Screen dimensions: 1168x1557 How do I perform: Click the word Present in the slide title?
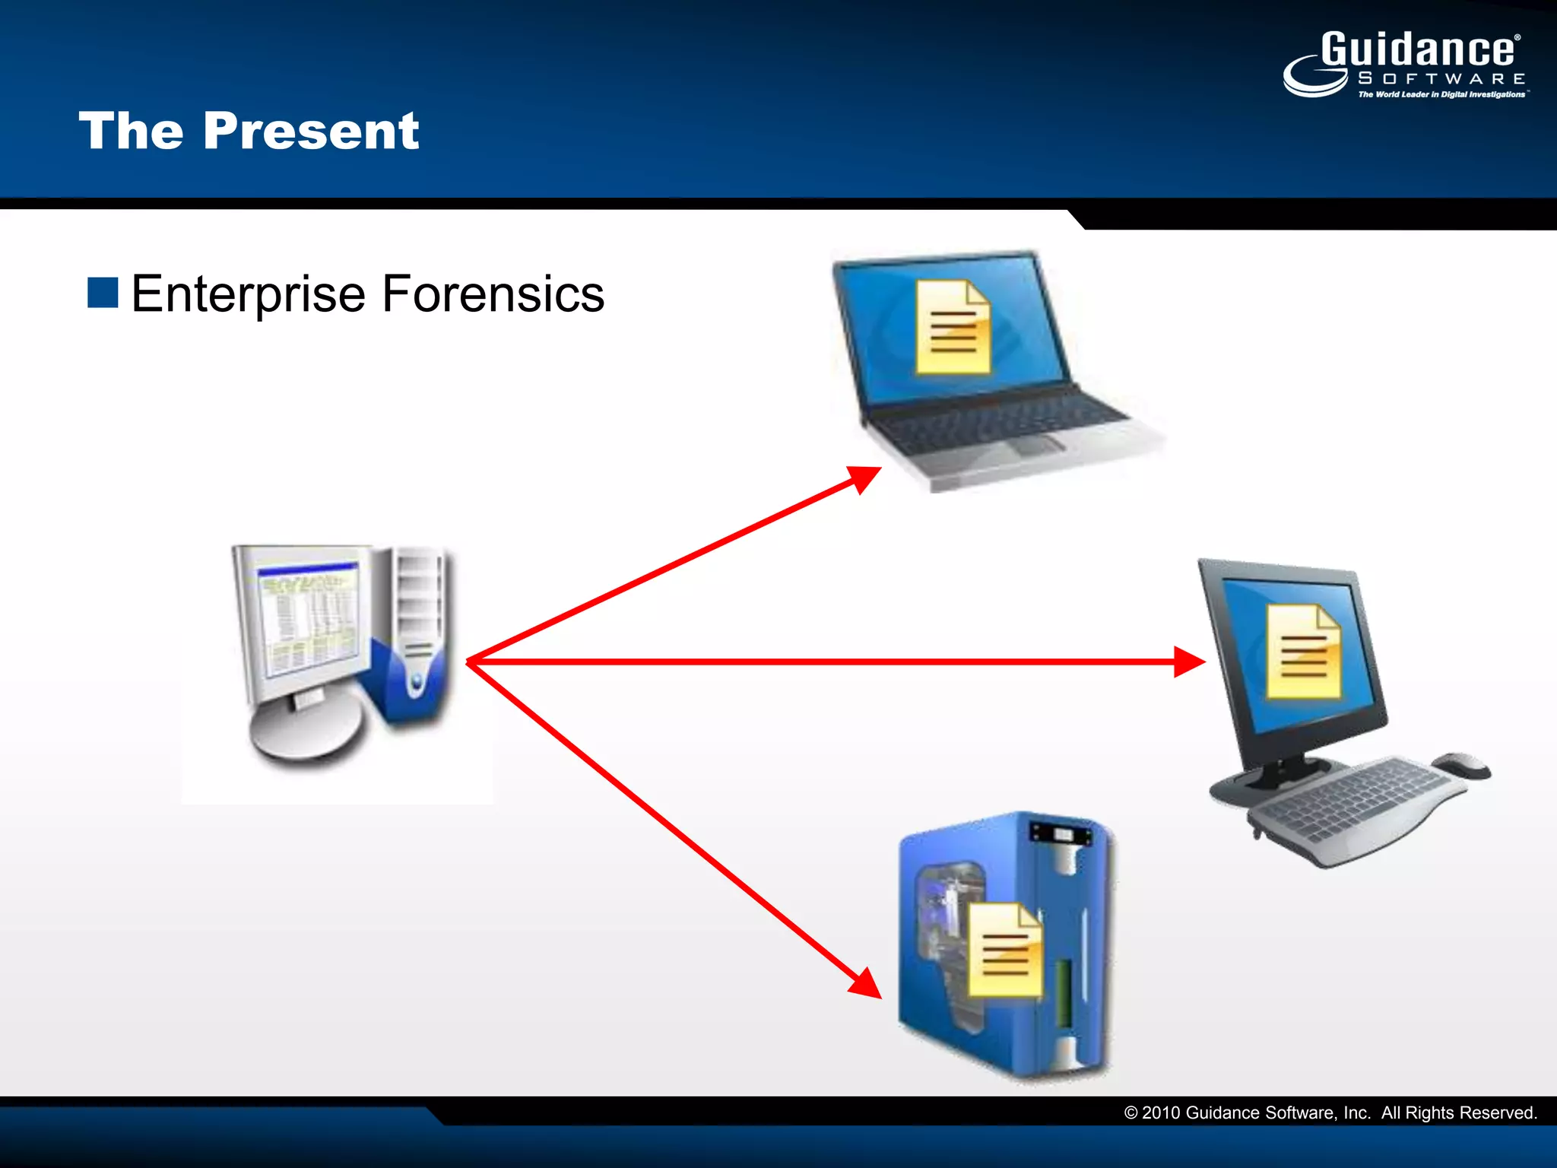tap(311, 132)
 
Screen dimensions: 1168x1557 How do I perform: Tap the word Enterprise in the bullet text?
tap(248, 294)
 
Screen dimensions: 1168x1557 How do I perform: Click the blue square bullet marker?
tap(103, 293)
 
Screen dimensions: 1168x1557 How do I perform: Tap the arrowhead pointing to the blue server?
tap(867, 984)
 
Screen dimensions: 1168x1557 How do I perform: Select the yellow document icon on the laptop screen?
tap(953, 328)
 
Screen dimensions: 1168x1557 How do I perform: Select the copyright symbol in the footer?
tap(1130, 1113)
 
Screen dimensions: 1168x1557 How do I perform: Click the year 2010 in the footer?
tap(1160, 1113)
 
